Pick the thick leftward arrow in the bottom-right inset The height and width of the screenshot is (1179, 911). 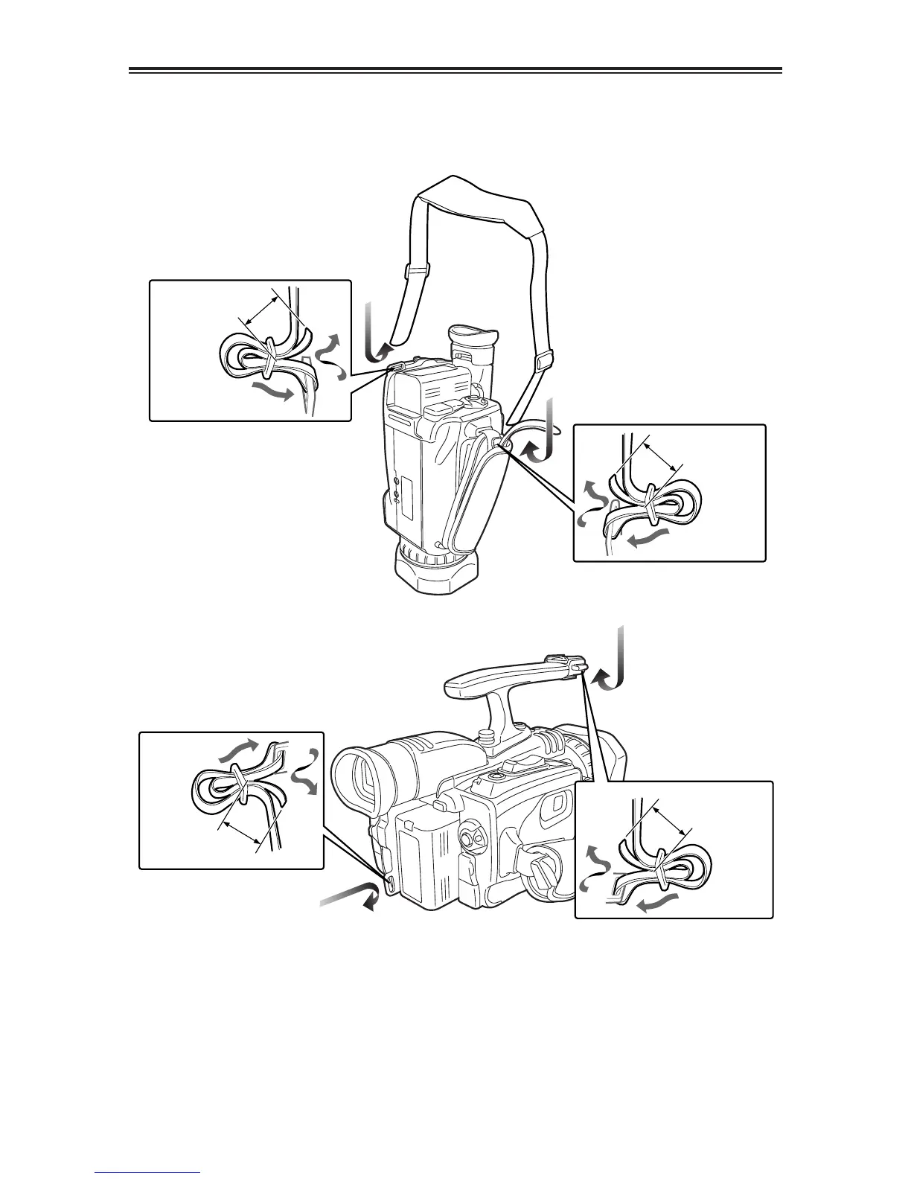[x=655, y=901]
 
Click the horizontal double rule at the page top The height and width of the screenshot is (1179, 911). [x=455, y=71]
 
